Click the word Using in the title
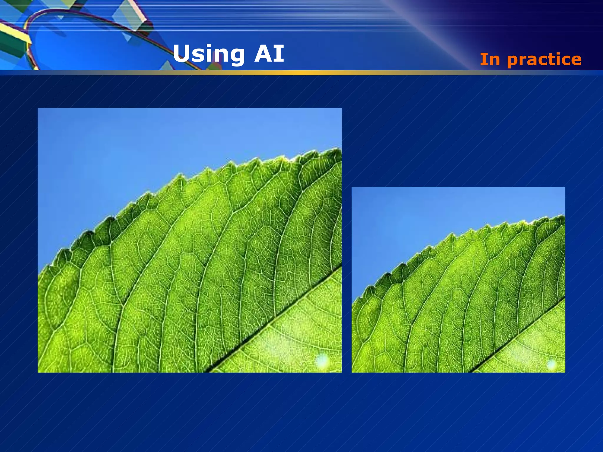(209, 54)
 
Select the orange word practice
(544, 60)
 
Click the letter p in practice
(513, 61)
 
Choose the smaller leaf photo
(458, 280)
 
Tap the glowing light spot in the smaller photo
(551, 364)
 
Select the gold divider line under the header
(301, 73)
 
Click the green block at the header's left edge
(12, 44)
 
